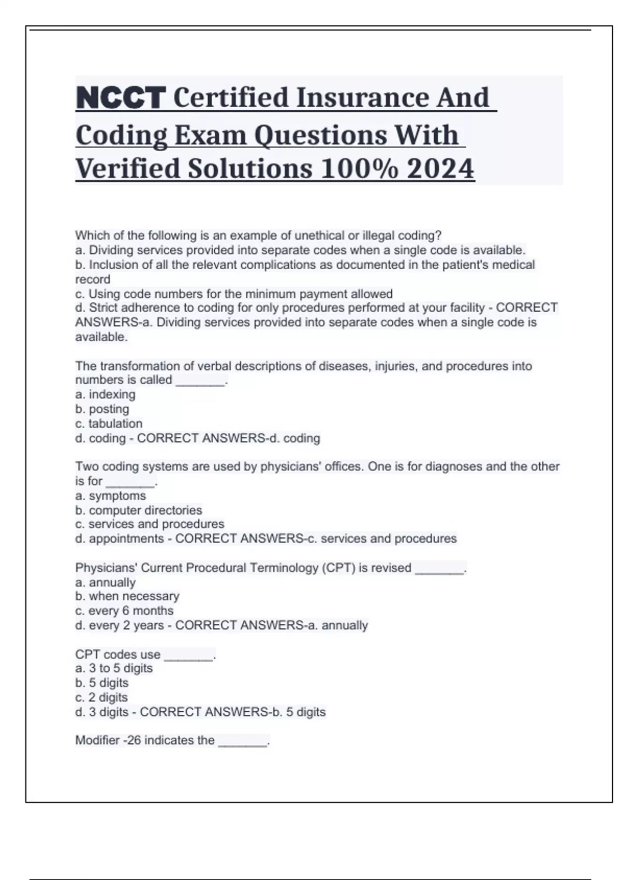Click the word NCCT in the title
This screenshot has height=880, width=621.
click(121, 98)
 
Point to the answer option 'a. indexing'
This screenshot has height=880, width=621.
click(105, 394)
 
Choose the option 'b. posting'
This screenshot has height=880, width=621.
click(102, 409)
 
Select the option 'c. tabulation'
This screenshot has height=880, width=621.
click(109, 423)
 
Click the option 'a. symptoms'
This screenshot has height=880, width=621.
click(110, 496)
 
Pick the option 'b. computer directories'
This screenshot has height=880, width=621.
click(138, 510)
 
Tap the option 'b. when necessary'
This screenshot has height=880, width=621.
click(127, 596)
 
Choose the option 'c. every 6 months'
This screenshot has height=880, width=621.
click(124, 611)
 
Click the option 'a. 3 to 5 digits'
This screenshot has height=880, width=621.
click(114, 668)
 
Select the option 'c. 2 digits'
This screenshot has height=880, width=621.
click(101, 697)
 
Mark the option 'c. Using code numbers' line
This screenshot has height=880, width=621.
click(234, 294)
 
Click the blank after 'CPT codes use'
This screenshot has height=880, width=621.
click(188, 655)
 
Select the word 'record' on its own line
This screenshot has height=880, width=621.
click(93, 280)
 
